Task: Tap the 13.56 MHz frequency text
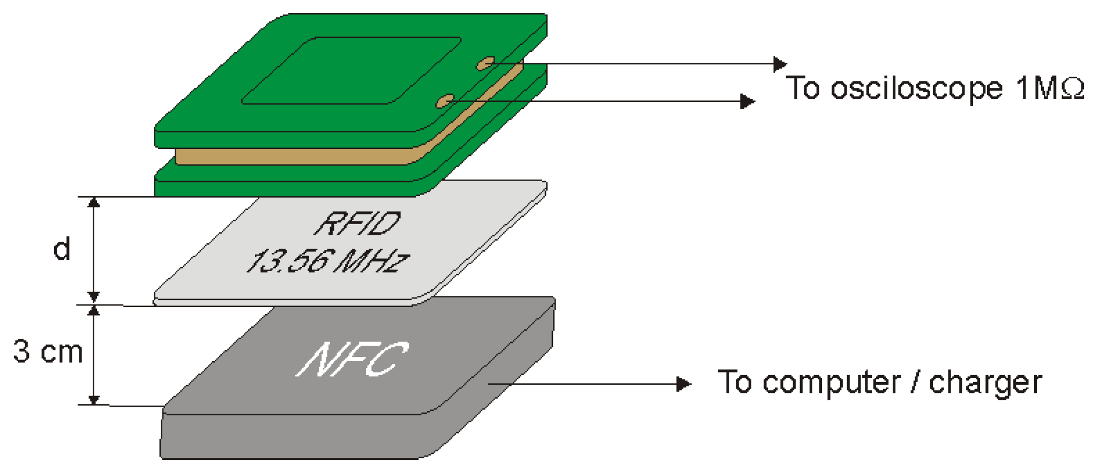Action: (327, 261)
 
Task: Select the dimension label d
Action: (62, 249)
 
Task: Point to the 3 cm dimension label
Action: (48, 352)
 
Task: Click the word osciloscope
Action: (916, 88)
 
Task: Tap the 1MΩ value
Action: (1050, 88)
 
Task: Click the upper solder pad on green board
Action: (485, 64)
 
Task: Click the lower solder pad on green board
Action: (445, 101)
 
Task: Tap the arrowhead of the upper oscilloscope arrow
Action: (780, 64)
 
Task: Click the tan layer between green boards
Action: (295, 156)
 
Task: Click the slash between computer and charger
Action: (915, 383)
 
